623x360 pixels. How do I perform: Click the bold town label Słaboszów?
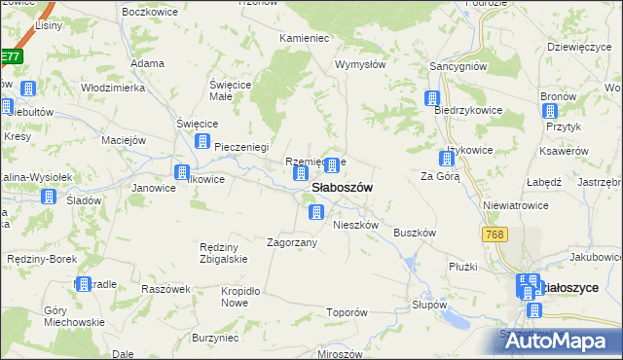(x=341, y=188)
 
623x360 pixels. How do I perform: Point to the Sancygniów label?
(x=458, y=66)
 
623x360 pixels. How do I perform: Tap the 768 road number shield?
(x=495, y=235)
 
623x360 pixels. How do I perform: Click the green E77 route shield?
(x=10, y=57)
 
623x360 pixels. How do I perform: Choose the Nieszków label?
(x=355, y=225)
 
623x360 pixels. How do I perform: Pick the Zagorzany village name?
(x=292, y=242)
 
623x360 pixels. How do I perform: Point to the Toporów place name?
(x=347, y=313)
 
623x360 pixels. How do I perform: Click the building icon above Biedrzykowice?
(x=432, y=98)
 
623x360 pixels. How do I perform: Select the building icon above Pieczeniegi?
(x=202, y=142)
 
